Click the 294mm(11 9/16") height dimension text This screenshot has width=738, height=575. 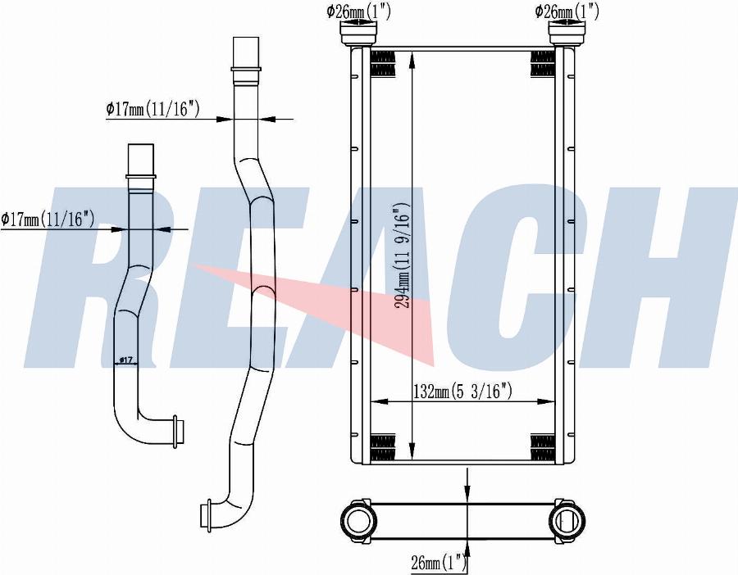(x=402, y=256)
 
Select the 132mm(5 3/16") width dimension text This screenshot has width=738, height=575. (x=462, y=392)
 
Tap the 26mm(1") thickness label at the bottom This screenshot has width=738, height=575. (x=439, y=562)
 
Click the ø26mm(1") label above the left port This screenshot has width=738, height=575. (x=358, y=11)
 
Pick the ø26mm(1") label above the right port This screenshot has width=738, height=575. (x=567, y=11)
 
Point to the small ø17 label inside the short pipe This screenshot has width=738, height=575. (x=126, y=360)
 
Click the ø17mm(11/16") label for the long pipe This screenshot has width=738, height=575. (x=153, y=109)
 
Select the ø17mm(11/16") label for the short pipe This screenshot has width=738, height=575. (x=48, y=219)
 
